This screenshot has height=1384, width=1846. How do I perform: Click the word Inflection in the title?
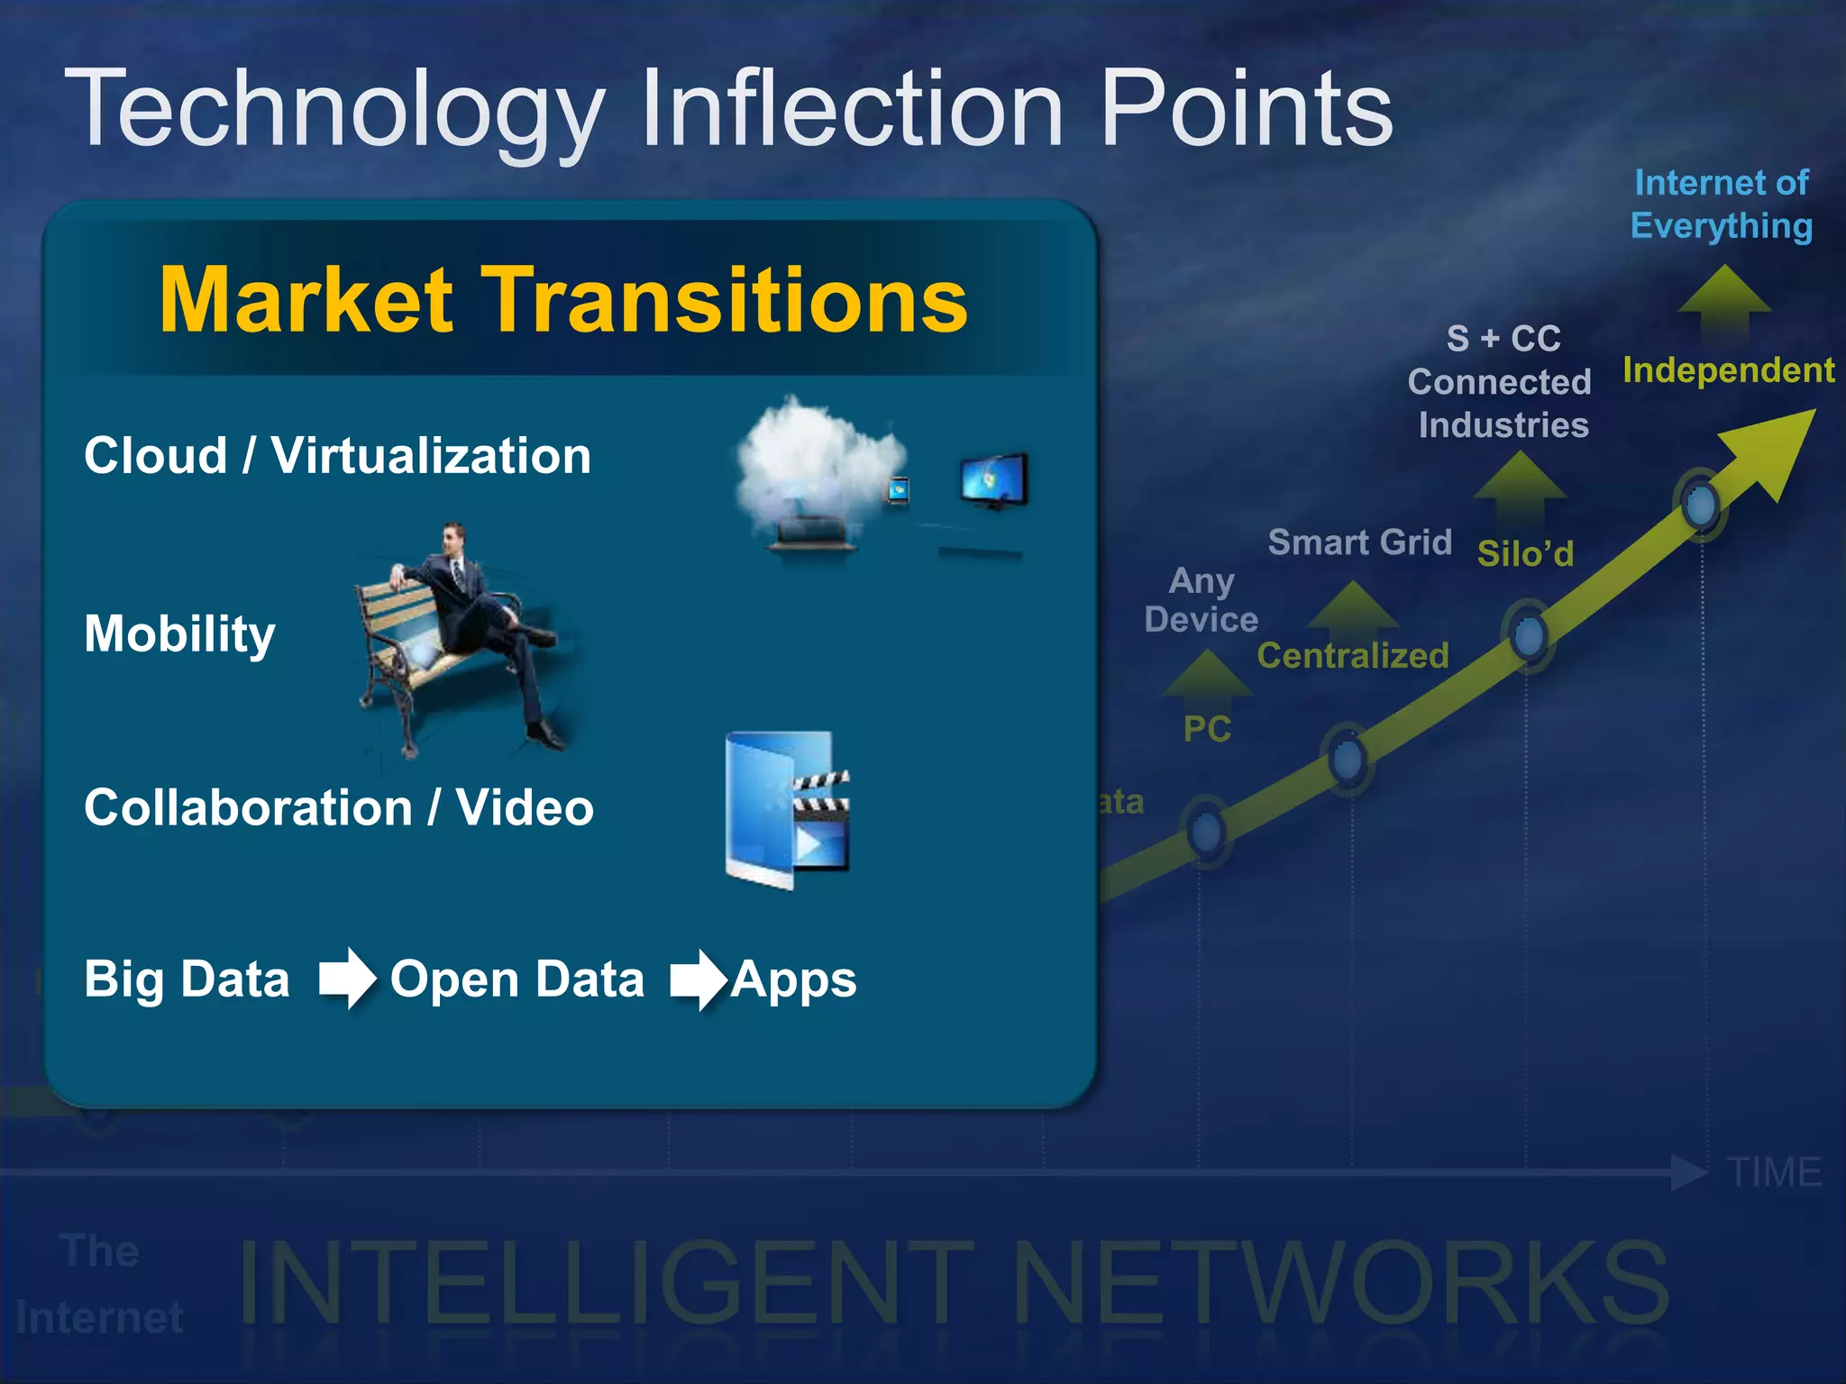coord(852,110)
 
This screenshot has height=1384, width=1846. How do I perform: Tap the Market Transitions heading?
coord(563,300)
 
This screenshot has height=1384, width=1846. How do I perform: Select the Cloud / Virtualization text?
coord(337,456)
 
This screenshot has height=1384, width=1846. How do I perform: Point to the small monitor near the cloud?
coord(993,480)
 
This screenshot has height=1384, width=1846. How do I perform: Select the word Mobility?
coord(179,633)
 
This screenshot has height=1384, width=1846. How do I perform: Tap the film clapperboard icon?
coord(820,820)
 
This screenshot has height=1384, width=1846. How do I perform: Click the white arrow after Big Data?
coord(347,979)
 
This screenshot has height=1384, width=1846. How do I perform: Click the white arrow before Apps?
coord(698,980)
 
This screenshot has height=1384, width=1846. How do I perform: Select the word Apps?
coord(793,980)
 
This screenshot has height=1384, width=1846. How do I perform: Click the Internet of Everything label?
coord(1721,205)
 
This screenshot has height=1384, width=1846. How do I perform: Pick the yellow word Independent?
coord(1728,370)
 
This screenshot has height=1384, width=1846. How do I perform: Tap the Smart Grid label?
coord(1359,542)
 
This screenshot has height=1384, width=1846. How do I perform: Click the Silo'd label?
coord(1525,553)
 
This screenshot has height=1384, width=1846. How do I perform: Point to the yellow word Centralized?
coord(1353,656)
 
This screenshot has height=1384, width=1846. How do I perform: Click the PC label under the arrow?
coord(1207,729)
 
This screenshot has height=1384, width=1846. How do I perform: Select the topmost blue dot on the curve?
coord(1700,505)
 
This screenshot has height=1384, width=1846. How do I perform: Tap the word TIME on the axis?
coord(1774,1172)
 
